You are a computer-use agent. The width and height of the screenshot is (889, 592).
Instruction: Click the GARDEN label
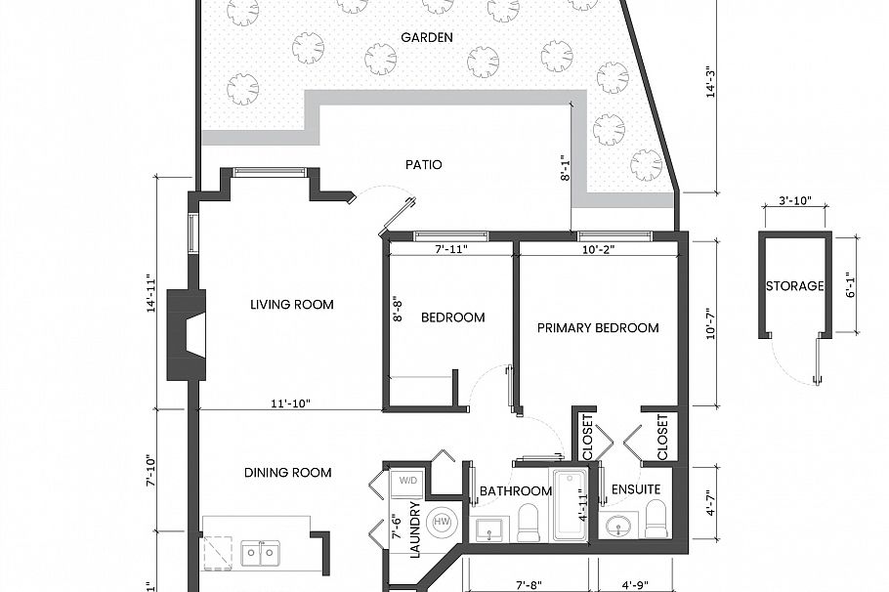427,38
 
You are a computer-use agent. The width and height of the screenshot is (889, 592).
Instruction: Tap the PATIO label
424,164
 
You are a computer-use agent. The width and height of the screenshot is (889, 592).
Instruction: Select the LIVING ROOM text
291,305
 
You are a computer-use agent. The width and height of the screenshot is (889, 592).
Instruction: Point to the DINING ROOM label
287,473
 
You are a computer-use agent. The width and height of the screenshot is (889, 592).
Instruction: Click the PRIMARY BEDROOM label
598,328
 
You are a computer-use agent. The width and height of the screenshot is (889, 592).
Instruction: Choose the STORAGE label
794,287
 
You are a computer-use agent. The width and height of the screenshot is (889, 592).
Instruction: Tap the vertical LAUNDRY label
413,529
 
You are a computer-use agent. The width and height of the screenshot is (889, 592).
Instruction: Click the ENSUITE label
635,489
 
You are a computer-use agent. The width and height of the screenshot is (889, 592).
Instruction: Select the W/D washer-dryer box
406,481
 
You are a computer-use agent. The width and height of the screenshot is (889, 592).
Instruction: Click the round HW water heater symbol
442,522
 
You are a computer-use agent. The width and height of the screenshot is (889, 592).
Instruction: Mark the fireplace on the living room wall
188,334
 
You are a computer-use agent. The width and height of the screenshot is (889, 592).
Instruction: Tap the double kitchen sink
260,553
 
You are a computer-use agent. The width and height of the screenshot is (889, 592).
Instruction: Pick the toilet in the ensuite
656,520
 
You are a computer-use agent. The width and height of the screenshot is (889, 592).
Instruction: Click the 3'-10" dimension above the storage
794,201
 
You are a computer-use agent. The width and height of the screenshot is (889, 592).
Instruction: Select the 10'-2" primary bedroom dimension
597,250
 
